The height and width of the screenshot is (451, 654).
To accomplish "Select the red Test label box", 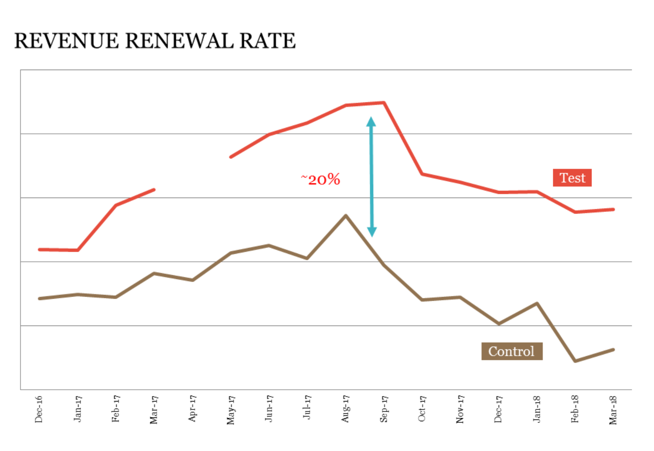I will click(x=572, y=178).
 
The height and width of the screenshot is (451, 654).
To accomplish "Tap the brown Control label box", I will click(x=511, y=351).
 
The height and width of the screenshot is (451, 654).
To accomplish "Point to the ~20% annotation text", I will click(x=321, y=180).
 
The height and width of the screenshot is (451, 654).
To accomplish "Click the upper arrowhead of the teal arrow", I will click(x=371, y=122).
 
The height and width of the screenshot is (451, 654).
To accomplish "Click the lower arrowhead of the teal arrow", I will click(x=372, y=232).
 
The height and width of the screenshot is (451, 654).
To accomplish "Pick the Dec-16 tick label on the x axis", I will click(x=39, y=409).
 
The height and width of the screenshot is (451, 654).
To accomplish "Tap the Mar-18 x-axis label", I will click(x=613, y=410).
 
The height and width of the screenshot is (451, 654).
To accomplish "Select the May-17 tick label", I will click(x=230, y=409).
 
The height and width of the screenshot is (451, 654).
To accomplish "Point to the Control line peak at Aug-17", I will click(x=345, y=216).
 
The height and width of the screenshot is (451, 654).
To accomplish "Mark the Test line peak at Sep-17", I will click(x=384, y=103).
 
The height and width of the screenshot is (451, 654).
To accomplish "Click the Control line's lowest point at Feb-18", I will click(x=575, y=361).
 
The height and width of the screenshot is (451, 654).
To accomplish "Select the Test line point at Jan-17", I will click(x=78, y=250).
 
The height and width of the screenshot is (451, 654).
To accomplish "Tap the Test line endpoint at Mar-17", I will click(x=154, y=190).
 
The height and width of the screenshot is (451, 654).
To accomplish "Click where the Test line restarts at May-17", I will click(x=231, y=157).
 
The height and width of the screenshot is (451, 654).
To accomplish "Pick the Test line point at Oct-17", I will click(x=422, y=174).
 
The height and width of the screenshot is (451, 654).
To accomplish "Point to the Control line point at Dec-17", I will click(x=499, y=323).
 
